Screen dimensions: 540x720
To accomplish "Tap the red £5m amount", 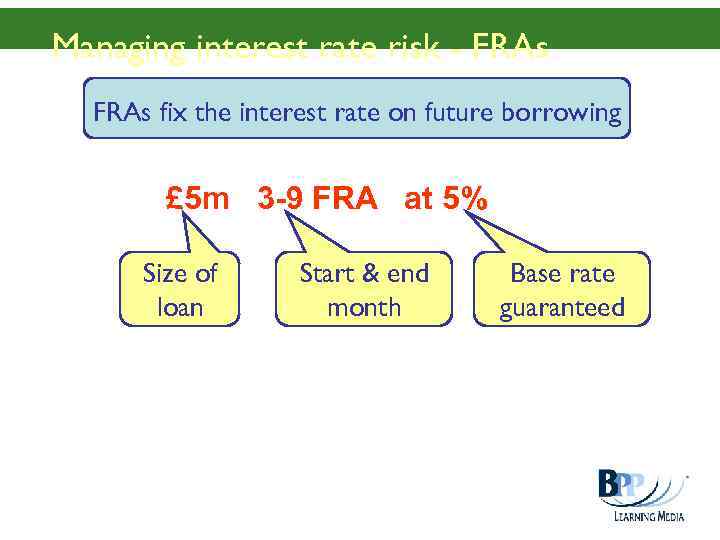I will coord(197,200).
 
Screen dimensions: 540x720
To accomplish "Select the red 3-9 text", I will coord(280,200).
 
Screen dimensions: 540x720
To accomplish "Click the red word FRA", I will coord(345,200).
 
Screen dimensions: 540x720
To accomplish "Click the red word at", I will coord(419,200).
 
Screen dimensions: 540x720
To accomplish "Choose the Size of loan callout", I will coord(180,289).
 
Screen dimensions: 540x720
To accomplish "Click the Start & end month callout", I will coord(364,289).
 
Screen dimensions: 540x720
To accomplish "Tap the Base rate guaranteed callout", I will coord(562,289).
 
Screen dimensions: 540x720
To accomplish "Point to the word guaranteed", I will coord(562,307).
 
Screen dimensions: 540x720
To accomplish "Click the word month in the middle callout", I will coord(364,307).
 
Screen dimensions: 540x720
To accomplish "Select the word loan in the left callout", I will coord(180,307).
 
